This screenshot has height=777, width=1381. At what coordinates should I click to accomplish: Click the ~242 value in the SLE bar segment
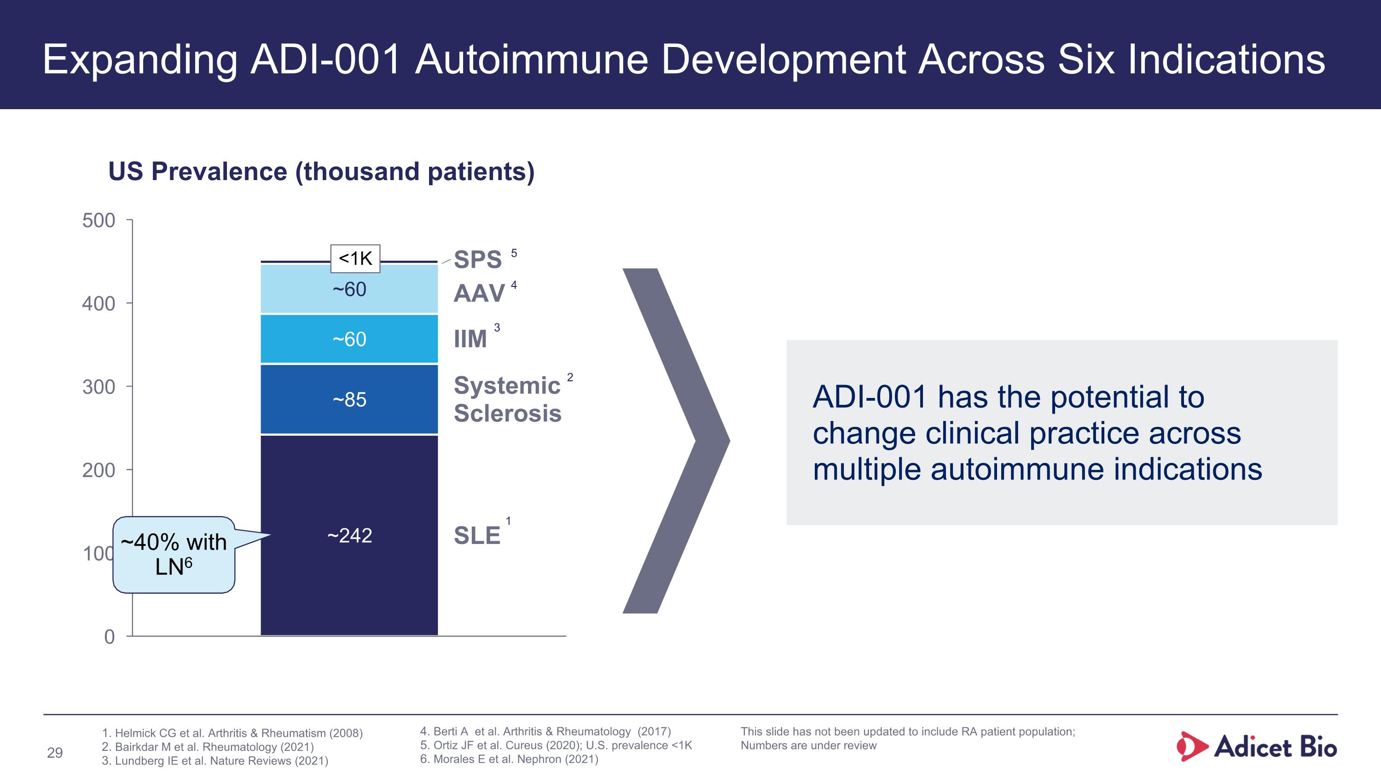(349, 535)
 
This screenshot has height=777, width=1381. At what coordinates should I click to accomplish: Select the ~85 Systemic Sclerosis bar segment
(349, 399)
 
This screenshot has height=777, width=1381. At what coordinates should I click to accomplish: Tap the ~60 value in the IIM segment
(349, 339)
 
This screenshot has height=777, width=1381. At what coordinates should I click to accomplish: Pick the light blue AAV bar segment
(349, 290)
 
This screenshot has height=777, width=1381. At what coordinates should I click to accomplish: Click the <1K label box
(355, 258)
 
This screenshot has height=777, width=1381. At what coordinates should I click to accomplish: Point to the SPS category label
(478, 259)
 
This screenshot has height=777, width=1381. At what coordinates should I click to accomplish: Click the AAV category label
(479, 293)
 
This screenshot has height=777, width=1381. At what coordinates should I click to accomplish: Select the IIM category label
(470, 339)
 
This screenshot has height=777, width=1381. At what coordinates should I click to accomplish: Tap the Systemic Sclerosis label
(507, 399)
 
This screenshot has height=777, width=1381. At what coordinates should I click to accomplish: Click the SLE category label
(476, 535)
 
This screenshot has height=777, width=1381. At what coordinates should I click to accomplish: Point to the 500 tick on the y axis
(99, 221)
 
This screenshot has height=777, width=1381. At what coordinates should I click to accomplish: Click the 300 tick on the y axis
(99, 386)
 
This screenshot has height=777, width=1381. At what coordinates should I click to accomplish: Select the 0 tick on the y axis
(110, 637)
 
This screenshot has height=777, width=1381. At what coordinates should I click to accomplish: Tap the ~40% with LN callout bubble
(174, 555)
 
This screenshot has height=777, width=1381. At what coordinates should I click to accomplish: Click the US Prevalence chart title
(321, 172)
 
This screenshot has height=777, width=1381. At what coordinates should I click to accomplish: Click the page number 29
(55, 753)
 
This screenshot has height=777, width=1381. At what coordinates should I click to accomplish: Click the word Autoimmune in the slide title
(531, 59)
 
